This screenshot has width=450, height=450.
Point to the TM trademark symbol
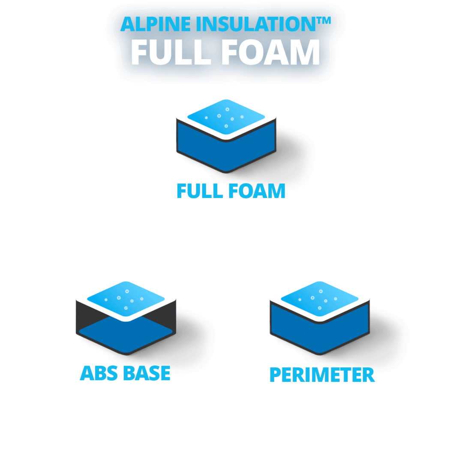tap(324, 21)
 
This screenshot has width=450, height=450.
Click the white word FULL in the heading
tap(171, 52)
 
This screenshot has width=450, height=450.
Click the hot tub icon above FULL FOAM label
tap(226, 136)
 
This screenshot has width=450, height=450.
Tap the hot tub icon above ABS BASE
tap(126, 318)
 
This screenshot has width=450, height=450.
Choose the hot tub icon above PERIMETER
tap(320, 318)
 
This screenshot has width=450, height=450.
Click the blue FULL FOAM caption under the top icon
tap(231, 191)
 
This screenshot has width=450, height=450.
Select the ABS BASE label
tap(125, 373)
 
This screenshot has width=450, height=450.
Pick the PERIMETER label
tap(322, 375)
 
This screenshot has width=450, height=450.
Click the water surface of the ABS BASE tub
tap(126, 299)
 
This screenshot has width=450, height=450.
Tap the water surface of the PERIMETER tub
tap(320, 299)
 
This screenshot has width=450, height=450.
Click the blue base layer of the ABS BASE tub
tap(126, 336)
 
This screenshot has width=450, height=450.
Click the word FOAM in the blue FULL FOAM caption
tap(257, 191)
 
